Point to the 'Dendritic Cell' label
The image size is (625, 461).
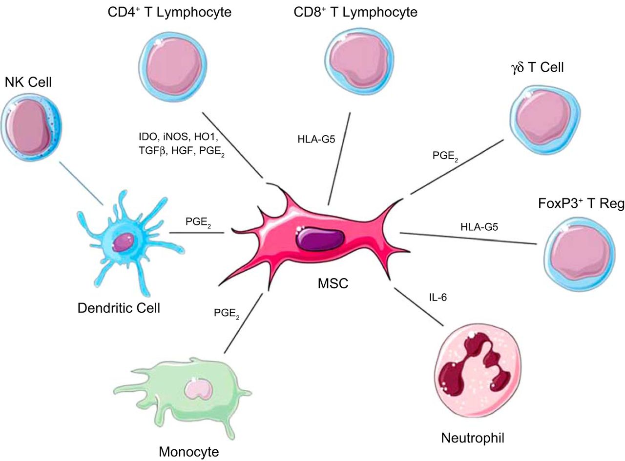tap(119, 308)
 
